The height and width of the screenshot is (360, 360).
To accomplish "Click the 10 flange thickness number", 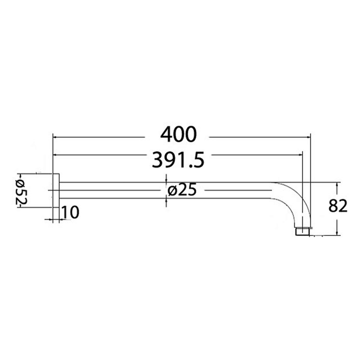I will [x=71, y=212].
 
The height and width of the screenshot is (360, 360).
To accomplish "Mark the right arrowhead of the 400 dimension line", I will [x=308, y=135].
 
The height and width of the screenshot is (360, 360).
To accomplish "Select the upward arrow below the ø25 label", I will [x=166, y=200].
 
